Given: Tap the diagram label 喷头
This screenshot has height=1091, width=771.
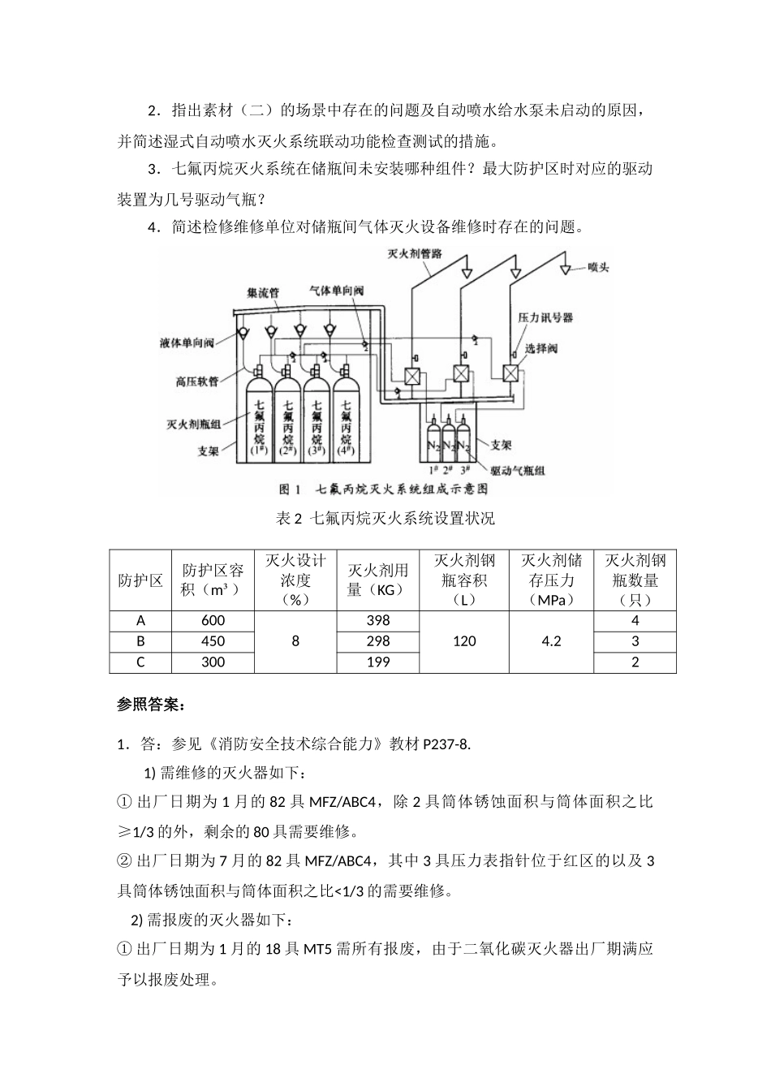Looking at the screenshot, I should point(598,267).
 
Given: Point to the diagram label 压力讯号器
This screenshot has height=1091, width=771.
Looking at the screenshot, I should point(545,317).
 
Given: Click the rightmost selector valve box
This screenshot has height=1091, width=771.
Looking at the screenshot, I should point(511,373).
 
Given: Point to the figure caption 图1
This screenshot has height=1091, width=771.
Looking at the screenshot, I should point(290,489).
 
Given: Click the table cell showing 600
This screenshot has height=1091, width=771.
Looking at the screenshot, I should point(213,620).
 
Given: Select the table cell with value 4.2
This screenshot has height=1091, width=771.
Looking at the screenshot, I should point(551,641).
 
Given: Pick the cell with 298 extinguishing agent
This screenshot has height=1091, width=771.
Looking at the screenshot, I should point(378,641).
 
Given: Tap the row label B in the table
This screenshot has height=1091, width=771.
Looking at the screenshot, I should point(140,641).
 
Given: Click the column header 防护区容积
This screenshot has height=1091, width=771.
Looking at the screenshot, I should point(213,580).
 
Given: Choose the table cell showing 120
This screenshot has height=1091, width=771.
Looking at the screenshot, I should point(464,641).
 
